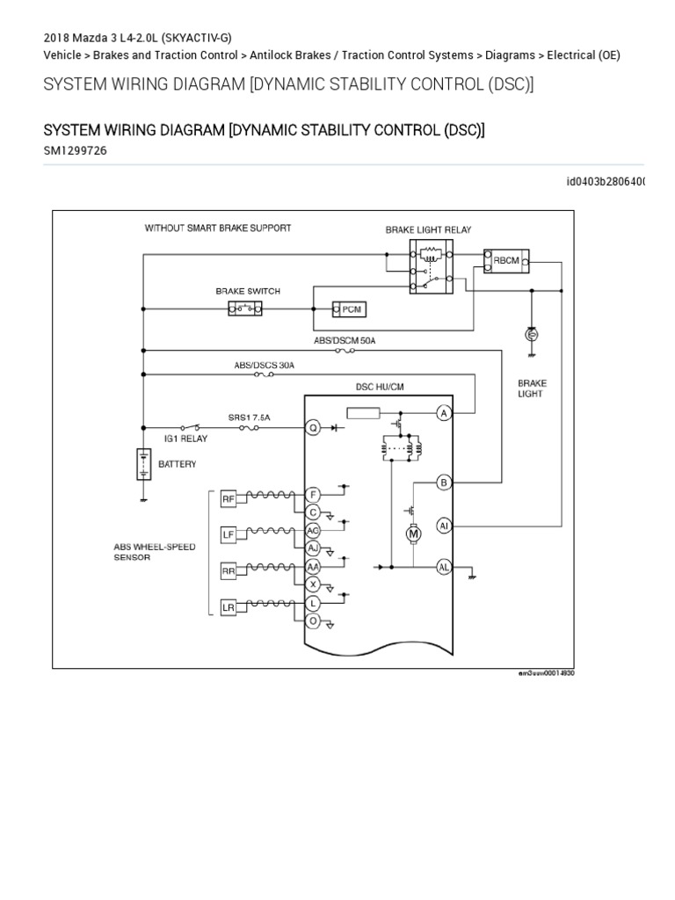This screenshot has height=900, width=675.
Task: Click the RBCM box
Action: [x=506, y=259]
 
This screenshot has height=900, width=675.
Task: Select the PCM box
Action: [x=349, y=309]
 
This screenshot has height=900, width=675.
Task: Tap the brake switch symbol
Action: [x=247, y=308]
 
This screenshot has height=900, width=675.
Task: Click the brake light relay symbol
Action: [x=432, y=268]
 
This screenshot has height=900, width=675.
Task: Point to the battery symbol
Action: [x=142, y=463]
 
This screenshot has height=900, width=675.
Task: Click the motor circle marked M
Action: [x=411, y=533]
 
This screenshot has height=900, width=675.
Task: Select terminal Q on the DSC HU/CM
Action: [x=312, y=428]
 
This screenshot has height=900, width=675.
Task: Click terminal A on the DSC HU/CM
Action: [x=445, y=413]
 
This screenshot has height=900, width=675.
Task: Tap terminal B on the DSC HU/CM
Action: [x=445, y=482]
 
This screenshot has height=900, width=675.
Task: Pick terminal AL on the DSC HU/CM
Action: [x=445, y=567]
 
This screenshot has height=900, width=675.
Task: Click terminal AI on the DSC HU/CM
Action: [x=445, y=526]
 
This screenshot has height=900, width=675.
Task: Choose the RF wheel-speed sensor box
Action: [x=229, y=499]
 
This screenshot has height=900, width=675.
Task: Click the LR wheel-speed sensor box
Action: [x=229, y=607]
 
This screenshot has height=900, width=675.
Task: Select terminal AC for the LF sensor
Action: [x=312, y=531]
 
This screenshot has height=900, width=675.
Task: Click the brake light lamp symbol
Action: [x=530, y=335]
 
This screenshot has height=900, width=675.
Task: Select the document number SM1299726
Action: [x=76, y=150]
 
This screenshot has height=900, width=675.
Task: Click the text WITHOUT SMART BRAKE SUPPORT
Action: [x=218, y=228]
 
